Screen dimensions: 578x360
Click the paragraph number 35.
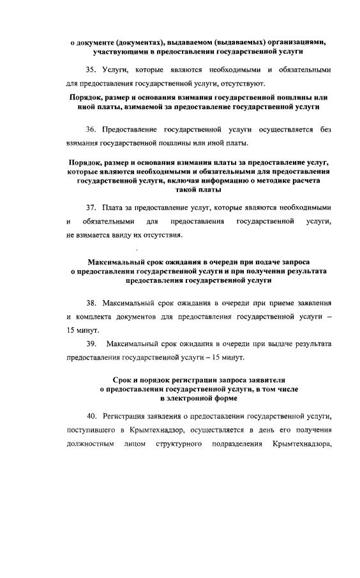[90, 68]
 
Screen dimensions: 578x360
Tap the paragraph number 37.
[90, 208]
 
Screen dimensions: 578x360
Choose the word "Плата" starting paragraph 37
[112, 208]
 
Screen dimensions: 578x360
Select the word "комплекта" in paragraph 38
[97, 316]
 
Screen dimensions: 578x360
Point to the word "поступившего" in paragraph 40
[91, 430]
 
